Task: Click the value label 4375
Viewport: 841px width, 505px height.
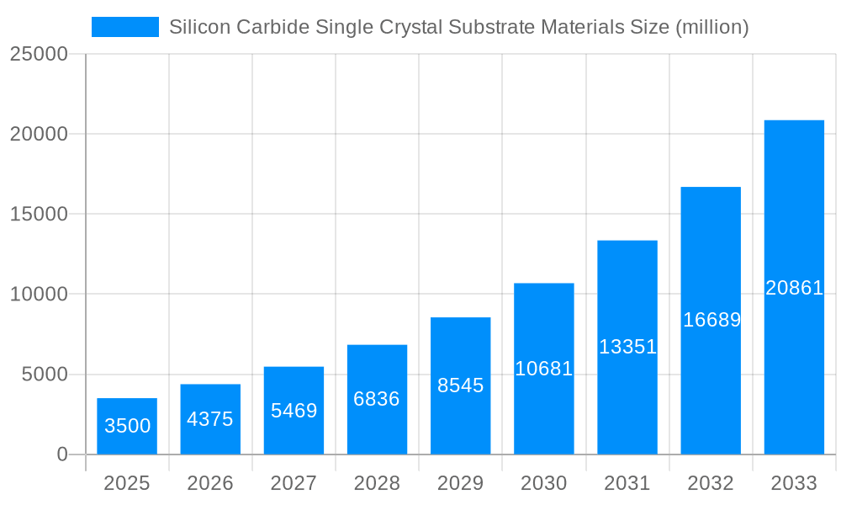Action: tap(210, 419)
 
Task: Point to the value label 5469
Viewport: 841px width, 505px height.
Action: tap(294, 411)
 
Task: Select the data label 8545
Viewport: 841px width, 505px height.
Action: tap(461, 385)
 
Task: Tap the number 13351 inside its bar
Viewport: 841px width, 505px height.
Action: tap(627, 347)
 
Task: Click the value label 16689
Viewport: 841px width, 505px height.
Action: tap(711, 320)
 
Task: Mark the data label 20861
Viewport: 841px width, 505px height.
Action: tap(794, 288)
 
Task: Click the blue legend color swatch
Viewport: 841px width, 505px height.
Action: tap(124, 27)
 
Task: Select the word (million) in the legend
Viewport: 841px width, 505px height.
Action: tap(712, 27)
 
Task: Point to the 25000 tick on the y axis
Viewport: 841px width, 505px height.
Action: tap(39, 54)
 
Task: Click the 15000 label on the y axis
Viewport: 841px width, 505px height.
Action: tap(39, 214)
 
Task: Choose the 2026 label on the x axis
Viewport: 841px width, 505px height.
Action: tap(210, 483)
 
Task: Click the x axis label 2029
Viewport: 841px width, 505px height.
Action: tap(461, 483)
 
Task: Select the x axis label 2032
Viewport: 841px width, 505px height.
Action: tap(711, 483)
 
